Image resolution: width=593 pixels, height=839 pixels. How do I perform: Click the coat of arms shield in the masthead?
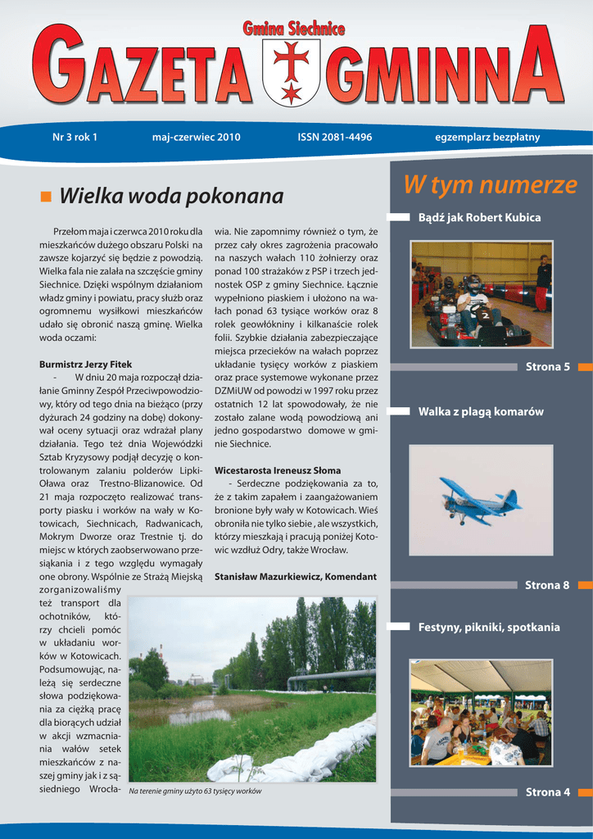coord(292,72)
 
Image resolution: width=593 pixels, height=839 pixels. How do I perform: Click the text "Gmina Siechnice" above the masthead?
coord(293,29)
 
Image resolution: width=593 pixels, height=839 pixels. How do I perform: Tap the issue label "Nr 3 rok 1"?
coord(75,137)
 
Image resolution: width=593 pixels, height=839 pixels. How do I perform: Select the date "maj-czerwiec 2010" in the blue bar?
coord(197,137)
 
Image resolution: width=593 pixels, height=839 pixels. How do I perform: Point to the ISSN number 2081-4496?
coord(334,137)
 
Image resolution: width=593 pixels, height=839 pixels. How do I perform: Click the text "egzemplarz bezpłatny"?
coord(487,137)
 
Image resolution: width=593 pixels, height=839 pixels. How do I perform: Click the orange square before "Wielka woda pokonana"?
coord(45,197)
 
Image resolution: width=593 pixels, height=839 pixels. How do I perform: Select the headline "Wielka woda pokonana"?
coord(171,197)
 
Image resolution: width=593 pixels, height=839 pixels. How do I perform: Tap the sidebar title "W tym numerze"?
coord(490,186)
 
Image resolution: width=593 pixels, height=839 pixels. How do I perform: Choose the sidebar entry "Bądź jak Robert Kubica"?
coord(479,217)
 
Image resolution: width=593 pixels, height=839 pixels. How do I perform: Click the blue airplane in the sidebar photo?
coord(479,500)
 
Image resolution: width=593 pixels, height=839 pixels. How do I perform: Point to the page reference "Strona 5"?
coord(547,366)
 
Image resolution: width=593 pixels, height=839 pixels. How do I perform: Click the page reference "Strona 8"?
coord(547,585)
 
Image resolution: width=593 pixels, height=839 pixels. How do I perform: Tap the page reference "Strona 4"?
coord(547,791)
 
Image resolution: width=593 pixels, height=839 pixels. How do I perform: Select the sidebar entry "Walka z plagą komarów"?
coord(481,411)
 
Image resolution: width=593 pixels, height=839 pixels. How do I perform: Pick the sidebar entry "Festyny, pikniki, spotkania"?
coord(489,628)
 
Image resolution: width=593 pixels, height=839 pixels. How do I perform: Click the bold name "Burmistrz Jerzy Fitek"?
coord(85,364)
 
